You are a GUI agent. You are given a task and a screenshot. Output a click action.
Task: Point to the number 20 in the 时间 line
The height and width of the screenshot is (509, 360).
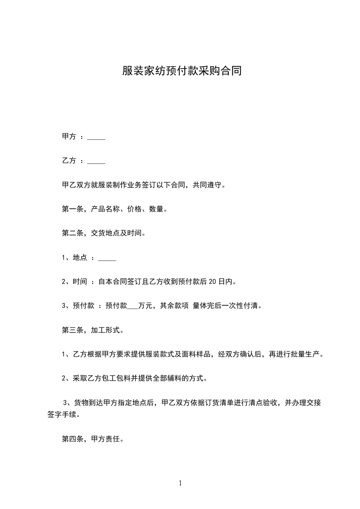212,282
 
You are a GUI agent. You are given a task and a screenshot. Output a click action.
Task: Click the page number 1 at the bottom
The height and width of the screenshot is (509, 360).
180,483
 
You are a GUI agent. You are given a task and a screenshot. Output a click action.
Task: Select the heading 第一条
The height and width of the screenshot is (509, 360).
71,210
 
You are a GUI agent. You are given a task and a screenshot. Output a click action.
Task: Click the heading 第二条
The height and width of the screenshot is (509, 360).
71,234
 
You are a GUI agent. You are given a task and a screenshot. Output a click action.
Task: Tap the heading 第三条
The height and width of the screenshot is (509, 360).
71,330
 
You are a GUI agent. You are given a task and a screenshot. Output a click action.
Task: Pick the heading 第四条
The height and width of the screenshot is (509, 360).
71,439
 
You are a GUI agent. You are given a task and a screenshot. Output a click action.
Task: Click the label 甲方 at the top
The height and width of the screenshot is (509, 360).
69,137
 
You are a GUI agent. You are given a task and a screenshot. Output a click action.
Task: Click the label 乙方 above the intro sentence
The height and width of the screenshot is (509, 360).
69,161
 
